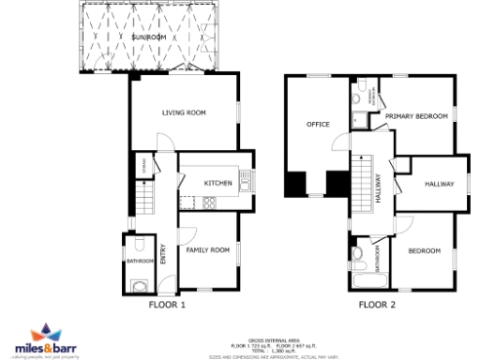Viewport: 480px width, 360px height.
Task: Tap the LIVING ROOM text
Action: (x=184, y=112)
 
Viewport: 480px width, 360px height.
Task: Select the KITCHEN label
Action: (x=219, y=183)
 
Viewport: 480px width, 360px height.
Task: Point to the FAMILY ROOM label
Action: (x=207, y=250)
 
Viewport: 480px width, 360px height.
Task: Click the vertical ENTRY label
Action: (x=163, y=254)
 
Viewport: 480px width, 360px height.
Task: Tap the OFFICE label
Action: (x=317, y=124)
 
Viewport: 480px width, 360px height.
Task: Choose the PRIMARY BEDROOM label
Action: (x=416, y=116)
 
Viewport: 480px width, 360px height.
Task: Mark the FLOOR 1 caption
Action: (x=168, y=304)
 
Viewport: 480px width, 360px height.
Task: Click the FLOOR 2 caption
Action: (x=378, y=304)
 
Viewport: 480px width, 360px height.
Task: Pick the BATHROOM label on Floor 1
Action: (x=138, y=262)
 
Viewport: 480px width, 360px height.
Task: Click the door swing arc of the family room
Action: (x=187, y=234)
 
